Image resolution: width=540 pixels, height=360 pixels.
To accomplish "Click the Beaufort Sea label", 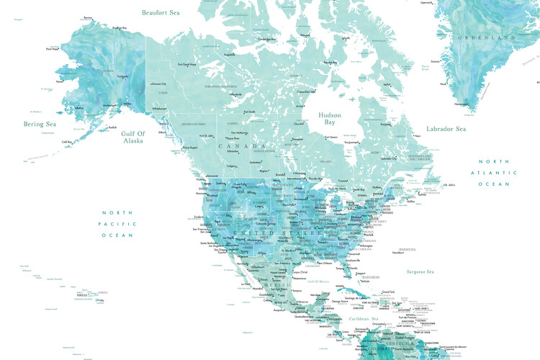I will (161, 13).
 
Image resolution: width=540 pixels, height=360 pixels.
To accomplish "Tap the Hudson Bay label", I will (330, 119).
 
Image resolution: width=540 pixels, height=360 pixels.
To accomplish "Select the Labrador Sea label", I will (446, 129).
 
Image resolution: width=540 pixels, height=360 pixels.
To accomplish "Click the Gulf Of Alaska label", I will (132, 137).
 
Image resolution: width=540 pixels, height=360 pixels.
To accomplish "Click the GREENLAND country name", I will (490, 37).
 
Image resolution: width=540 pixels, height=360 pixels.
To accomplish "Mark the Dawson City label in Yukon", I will (160, 84).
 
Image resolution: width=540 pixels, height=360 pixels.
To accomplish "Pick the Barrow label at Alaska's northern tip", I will (88, 17).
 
